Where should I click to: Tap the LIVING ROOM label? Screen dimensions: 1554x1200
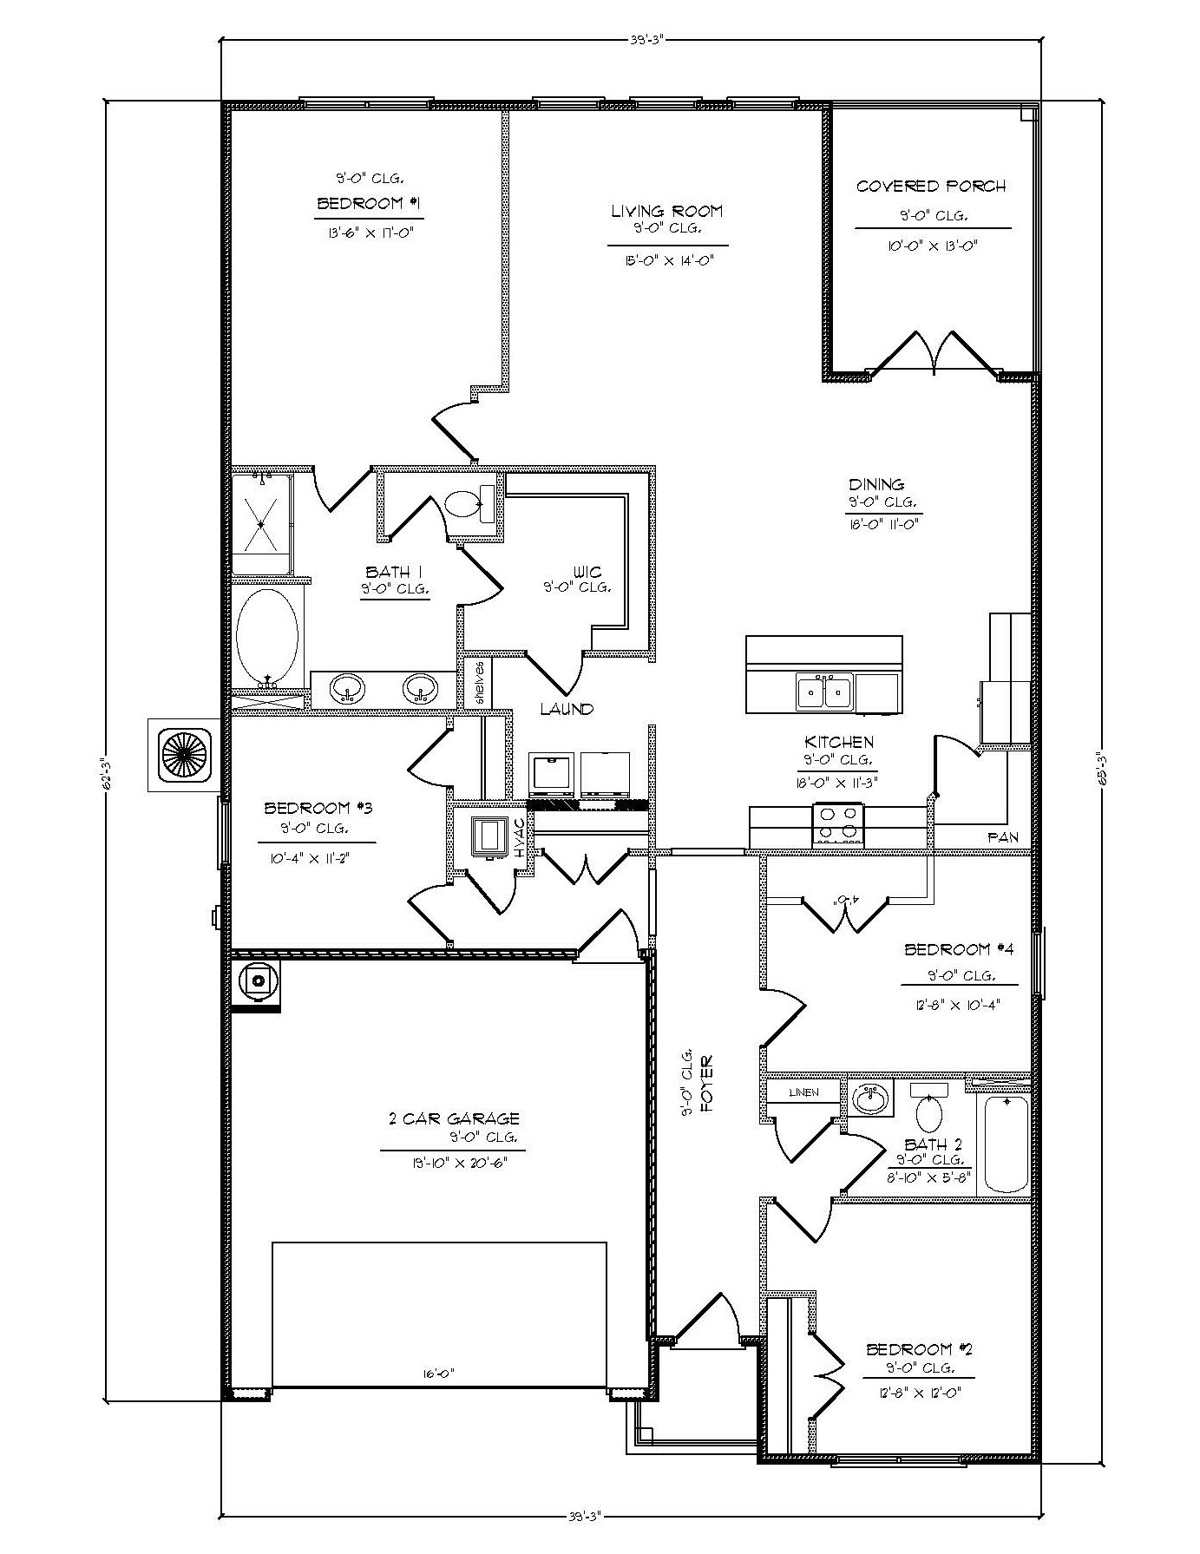666,211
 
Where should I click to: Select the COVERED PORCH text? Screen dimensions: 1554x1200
931,186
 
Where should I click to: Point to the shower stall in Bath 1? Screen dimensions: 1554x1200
262,522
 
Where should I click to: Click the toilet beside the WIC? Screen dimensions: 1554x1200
469,504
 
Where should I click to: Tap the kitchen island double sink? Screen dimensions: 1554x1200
824,691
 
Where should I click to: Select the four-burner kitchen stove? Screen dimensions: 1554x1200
837,824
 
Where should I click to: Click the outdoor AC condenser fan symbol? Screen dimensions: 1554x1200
181,754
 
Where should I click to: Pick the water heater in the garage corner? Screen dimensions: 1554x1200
257,982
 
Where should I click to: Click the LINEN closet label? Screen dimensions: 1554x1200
803,1092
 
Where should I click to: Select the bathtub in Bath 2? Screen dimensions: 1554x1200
1006,1143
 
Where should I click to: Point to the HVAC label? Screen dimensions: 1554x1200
521,840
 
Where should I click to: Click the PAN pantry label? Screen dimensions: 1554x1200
1002,838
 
